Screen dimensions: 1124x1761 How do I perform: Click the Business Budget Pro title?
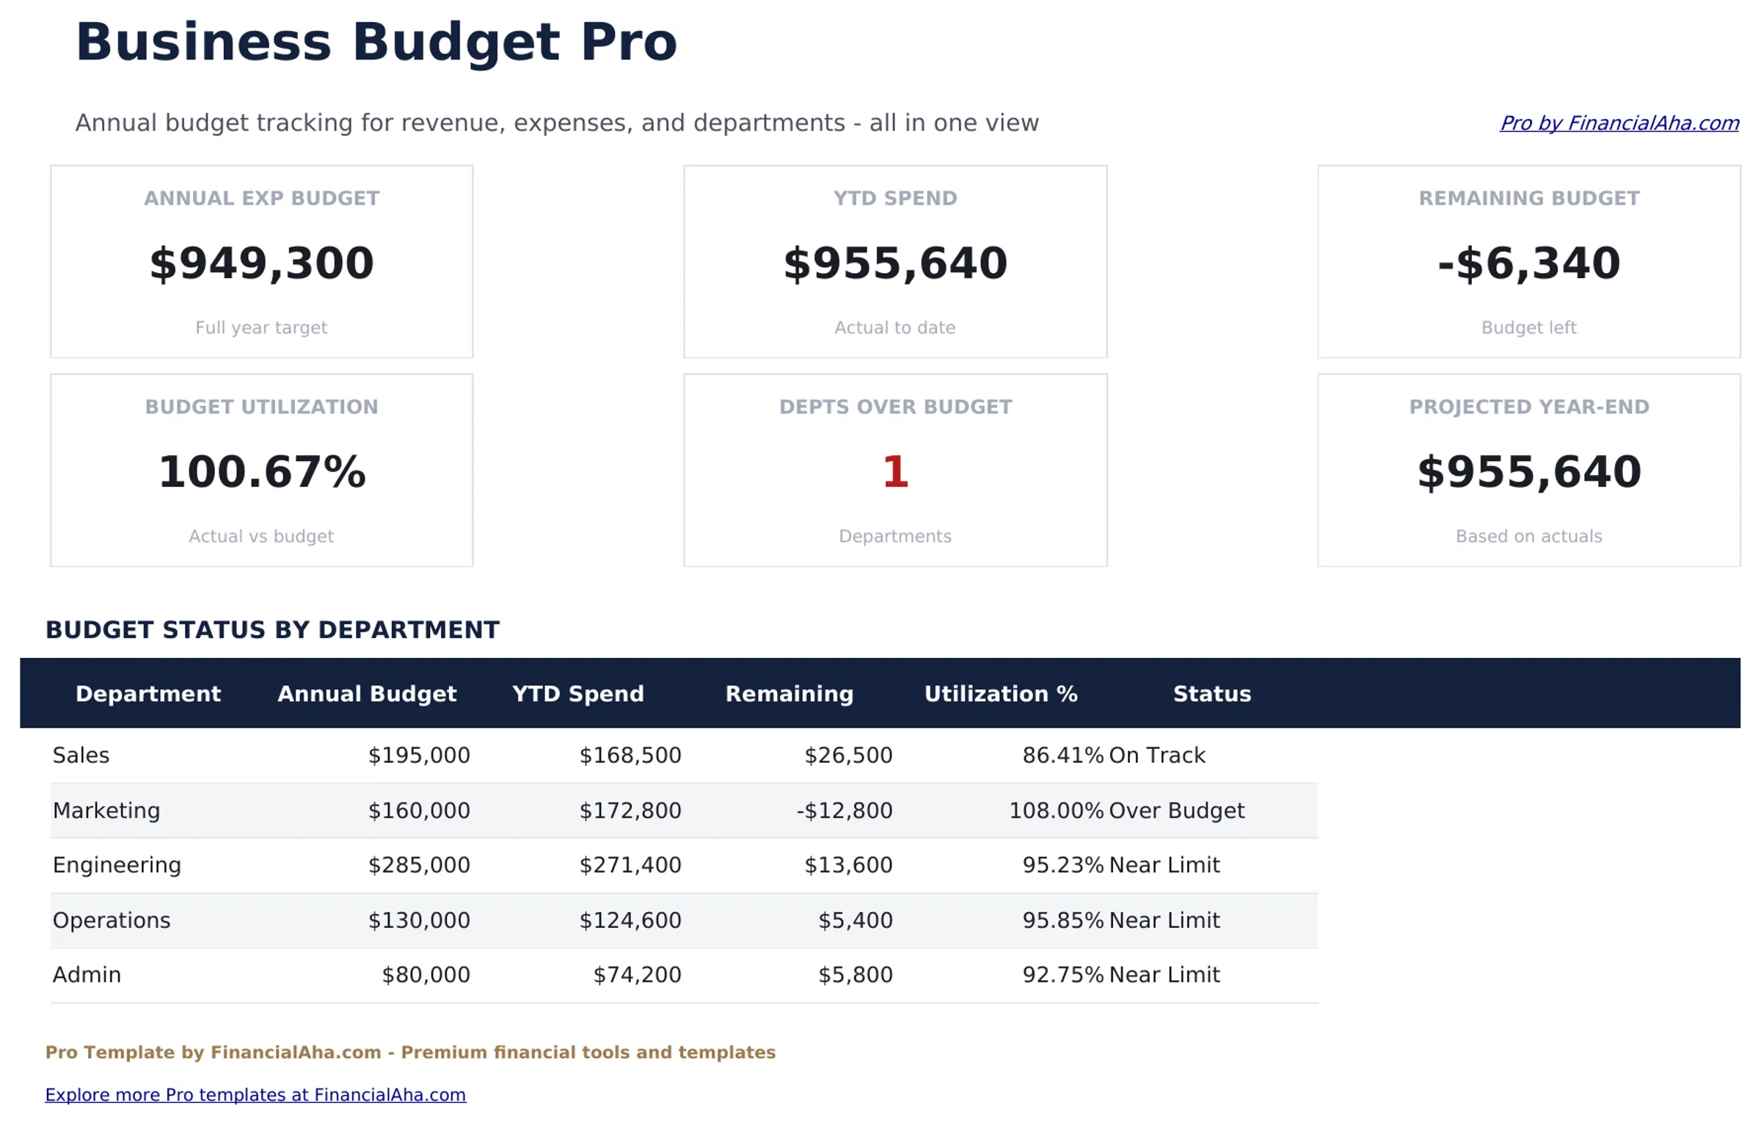pyautogui.click(x=376, y=43)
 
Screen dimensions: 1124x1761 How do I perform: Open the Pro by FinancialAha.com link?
pyautogui.click(x=1618, y=123)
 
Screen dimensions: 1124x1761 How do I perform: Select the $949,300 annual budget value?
pyautogui.click(x=261, y=264)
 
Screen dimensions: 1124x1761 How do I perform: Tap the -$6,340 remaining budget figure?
pyautogui.click(x=1528, y=264)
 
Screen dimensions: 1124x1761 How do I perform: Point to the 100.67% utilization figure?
pyautogui.click(x=261, y=472)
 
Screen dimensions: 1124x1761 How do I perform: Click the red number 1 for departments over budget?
pyautogui.click(x=894, y=472)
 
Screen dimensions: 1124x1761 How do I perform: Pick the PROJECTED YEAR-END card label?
pyautogui.click(x=1528, y=407)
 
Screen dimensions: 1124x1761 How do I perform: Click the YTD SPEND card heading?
pyautogui.click(x=894, y=198)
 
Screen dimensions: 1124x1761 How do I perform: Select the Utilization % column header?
pyautogui.click(x=1000, y=694)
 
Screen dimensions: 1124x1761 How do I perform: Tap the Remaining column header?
pyautogui.click(x=789, y=694)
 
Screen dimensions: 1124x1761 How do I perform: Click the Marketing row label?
pyautogui.click(x=106, y=811)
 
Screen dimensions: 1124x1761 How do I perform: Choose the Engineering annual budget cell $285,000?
pyautogui.click(x=418, y=865)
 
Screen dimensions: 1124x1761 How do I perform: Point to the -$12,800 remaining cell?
pyautogui.click(x=844, y=811)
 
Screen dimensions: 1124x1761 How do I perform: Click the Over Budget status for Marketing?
pyautogui.click(x=1175, y=811)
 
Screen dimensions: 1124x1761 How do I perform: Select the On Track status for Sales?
pyautogui.click(x=1156, y=755)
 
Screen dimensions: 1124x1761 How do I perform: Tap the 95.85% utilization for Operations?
pyautogui.click(x=1062, y=920)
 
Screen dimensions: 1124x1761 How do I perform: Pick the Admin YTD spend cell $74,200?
pyautogui.click(x=636, y=975)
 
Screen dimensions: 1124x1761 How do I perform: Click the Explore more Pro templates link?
pyautogui.click(x=255, y=1095)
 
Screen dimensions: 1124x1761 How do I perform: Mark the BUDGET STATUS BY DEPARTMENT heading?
pyautogui.click(x=272, y=630)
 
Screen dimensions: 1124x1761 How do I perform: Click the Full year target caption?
pyautogui.click(x=261, y=327)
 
